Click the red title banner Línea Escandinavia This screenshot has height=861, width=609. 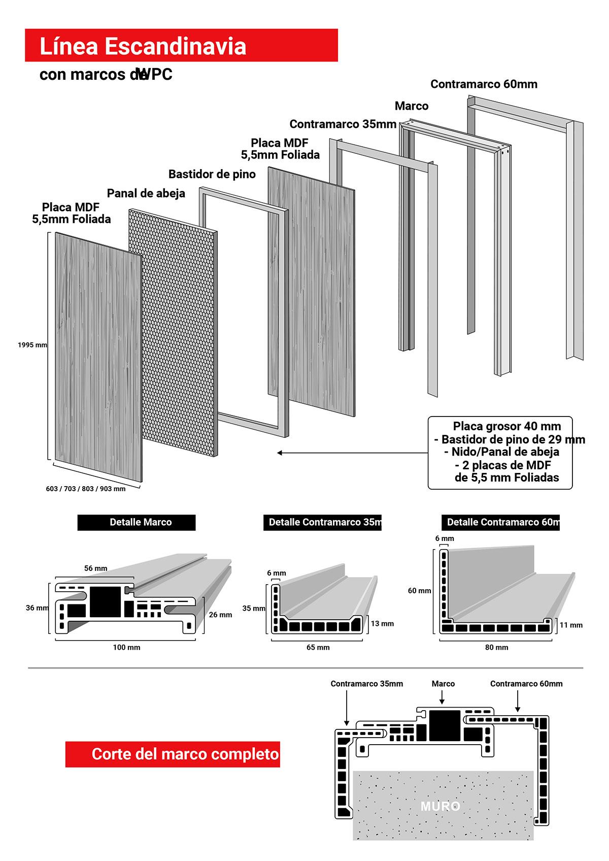coord(181,45)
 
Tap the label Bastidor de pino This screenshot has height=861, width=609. coord(212,174)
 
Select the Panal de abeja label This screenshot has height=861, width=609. coord(146,194)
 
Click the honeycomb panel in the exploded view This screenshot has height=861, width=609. coord(173,333)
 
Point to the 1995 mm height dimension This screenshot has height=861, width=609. coord(32,345)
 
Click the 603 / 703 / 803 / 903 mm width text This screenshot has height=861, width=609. coord(86,489)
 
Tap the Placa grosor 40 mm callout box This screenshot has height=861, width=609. coord(500,453)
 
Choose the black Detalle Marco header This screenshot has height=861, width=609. coord(137,522)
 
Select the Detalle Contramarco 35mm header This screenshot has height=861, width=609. coord(323,522)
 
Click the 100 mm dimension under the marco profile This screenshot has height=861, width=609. coord(126,647)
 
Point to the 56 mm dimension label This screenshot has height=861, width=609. coord(95,568)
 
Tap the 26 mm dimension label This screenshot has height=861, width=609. coord(220,615)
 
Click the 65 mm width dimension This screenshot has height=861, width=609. coord(318,647)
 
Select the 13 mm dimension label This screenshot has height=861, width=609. coord(383,623)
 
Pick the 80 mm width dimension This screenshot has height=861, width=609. coord(496,647)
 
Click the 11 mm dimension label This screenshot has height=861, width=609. coord(571,625)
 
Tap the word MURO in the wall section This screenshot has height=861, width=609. coord(441,806)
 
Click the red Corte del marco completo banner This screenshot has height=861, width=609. coord(173,754)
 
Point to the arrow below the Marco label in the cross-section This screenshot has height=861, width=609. coord(442,697)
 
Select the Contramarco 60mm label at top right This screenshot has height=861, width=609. coord(484,84)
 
